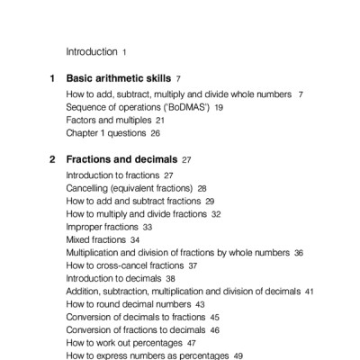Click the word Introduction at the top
(92, 52)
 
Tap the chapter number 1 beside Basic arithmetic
(52, 79)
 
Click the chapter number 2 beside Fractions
(52, 159)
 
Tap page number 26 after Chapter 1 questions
(155, 133)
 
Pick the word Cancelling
(91, 188)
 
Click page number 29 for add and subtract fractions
(210, 202)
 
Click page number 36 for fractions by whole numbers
(299, 254)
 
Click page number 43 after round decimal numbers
(200, 305)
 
